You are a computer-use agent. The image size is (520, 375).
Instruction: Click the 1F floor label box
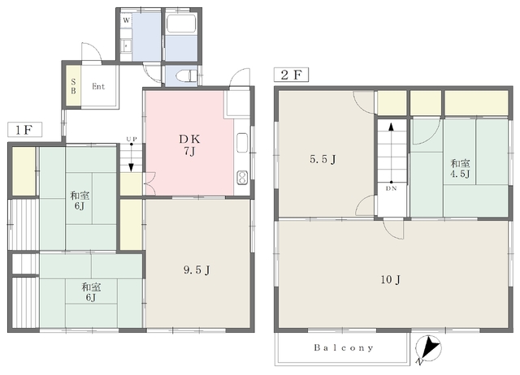coord(25,130)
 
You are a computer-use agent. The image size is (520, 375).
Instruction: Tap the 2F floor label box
coord(291,75)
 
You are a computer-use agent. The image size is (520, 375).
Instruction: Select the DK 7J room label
coord(189,145)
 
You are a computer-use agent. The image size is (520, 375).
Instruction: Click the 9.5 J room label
coord(197,270)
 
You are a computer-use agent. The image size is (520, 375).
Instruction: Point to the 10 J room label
coord(390,280)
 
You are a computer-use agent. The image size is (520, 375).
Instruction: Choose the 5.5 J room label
coord(323,159)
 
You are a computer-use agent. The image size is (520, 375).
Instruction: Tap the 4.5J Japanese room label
coord(460,169)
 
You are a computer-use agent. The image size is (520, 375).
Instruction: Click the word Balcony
coord(344,348)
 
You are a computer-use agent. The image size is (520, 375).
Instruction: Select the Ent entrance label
coord(98,87)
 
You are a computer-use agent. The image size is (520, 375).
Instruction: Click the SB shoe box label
coord(73,87)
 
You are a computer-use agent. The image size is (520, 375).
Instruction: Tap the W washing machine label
coord(127,20)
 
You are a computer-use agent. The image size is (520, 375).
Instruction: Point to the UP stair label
coord(132,139)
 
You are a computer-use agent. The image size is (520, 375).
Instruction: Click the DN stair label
coord(392,188)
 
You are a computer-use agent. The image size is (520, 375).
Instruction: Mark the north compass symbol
coord(428,349)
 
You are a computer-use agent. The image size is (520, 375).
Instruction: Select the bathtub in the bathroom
coord(181,24)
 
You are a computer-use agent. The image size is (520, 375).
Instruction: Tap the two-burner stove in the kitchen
coord(242,178)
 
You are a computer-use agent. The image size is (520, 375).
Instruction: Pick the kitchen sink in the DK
coord(242,142)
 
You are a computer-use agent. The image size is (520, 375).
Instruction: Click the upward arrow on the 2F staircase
coord(392,153)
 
